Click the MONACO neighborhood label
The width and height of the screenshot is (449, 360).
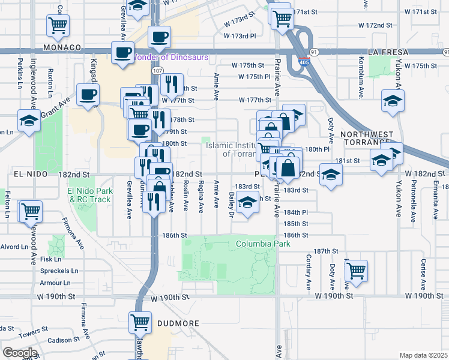(x=62, y=47)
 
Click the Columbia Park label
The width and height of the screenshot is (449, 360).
(x=263, y=244)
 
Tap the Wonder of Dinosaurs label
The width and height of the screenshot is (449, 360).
(x=170, y=58)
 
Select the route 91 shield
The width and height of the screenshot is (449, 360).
(x=315, y=52)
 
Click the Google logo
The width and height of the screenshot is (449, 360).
(x=19, y=353)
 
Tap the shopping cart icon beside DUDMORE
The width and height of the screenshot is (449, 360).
(x=140, y=323)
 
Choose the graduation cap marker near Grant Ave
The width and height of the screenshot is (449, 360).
(x=29, y=121)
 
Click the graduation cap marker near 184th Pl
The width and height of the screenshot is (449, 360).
(x=247, y=203)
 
